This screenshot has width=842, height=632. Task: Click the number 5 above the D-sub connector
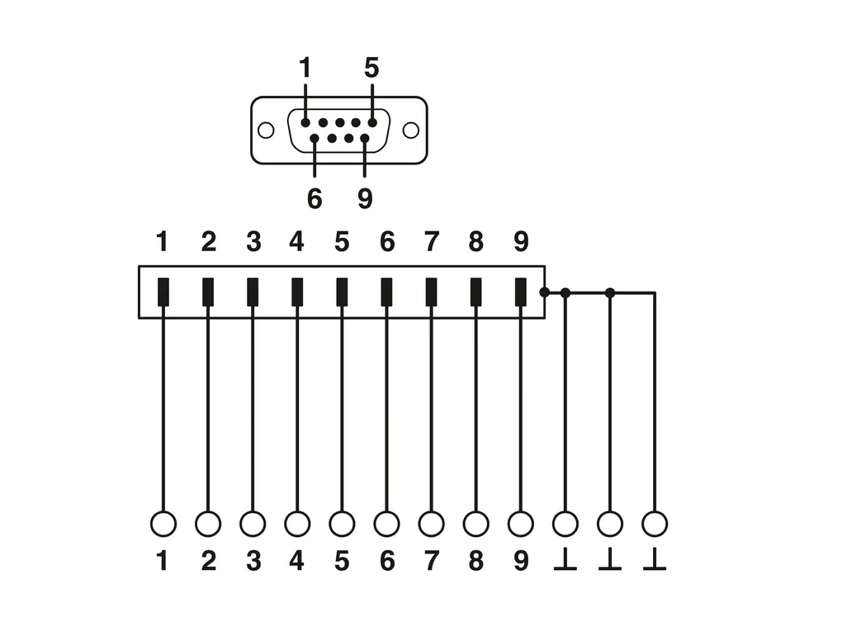click(x=371, y=68)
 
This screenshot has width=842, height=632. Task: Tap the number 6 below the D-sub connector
click(x=315, y=198)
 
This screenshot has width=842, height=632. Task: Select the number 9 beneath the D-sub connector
click(x=365, y=198)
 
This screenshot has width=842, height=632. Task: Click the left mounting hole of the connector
click(x=266, y=131)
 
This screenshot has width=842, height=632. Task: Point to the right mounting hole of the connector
click(x=410, y=131)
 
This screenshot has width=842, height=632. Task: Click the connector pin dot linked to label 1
click(x=305, y=122)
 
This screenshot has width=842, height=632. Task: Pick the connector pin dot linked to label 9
click(x=364, y=138)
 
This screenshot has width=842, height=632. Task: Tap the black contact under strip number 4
click(x=297, y=292)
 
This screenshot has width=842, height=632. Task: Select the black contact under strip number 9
click(x=520, y=292)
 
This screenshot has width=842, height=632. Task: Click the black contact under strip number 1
click(x=163, y=292)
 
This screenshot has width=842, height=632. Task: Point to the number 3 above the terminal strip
click(x=253, y=241)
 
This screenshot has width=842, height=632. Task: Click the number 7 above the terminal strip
click(x=431, y=241)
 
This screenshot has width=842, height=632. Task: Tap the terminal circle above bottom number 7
click(x=431, y=524)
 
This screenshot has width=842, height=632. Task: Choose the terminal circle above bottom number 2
click(x=208, y=524)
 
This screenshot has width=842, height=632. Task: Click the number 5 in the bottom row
click(x=342, y=562)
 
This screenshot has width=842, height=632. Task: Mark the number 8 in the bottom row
click(x=475, y=562)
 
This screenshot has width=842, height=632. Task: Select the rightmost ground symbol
click(x=655, y=562)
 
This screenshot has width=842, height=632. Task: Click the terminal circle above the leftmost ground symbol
click(x=565, y=524)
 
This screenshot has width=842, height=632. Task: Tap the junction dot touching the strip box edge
click(x=544, y=292)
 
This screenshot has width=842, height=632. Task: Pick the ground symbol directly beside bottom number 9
click(x=565, y=562)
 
